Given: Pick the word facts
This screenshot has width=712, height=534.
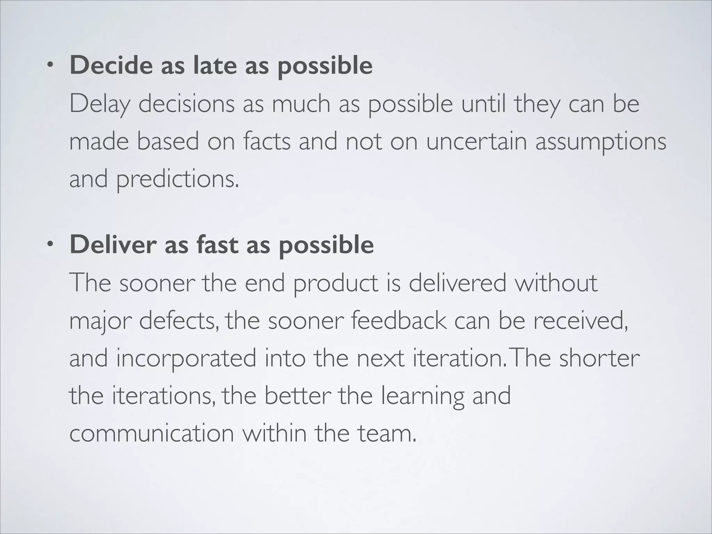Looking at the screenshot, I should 267,141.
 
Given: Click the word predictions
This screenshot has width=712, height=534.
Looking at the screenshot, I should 177,179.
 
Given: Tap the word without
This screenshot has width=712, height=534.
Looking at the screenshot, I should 556,283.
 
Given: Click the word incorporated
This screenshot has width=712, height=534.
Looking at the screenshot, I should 186,358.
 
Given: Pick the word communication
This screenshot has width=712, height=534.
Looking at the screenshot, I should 152,434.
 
